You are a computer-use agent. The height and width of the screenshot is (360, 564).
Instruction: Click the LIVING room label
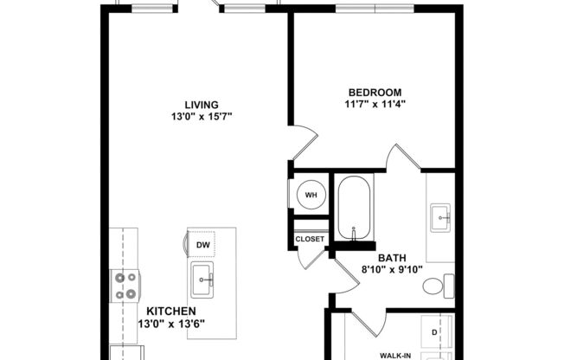(x=201, y=104)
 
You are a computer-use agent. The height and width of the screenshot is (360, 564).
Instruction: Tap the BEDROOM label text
(x=375, y=93)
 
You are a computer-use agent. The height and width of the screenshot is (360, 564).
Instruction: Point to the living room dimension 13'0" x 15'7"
(x=201, y=117)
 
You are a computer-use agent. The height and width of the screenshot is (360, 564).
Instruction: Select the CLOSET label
(x=310, y=239)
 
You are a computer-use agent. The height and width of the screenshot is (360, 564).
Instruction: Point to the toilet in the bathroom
(x=445, y=285)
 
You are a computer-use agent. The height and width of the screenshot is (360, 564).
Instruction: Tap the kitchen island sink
(x=206, y=279)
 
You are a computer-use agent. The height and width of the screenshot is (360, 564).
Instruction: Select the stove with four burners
(x=125, y=285)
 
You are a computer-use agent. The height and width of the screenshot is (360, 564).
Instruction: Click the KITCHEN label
(x=170, y=312)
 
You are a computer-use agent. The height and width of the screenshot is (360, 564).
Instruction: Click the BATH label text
(x=391, y=257)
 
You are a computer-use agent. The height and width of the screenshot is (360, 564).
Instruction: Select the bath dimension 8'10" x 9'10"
(x=390, y=270)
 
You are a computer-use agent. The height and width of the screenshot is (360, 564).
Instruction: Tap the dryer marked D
(x=436, y=331)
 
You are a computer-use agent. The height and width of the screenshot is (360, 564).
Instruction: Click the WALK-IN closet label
(x=396, y=354)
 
